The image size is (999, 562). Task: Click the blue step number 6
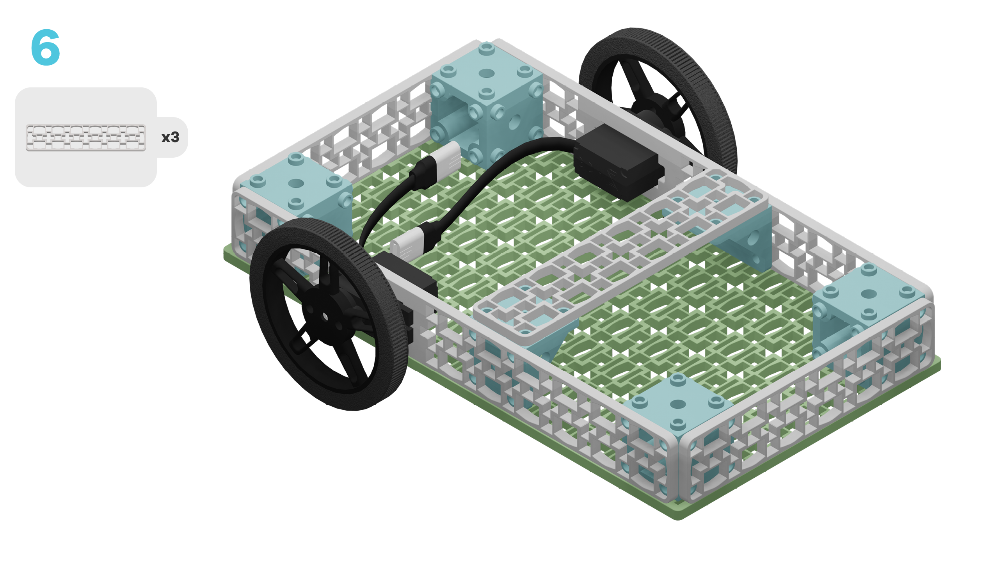tap(46, 47)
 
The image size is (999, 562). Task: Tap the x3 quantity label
tap(170, 137)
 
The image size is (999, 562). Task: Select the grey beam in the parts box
tap(86, 137)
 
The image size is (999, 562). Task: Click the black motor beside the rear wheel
tap(619, 164)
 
